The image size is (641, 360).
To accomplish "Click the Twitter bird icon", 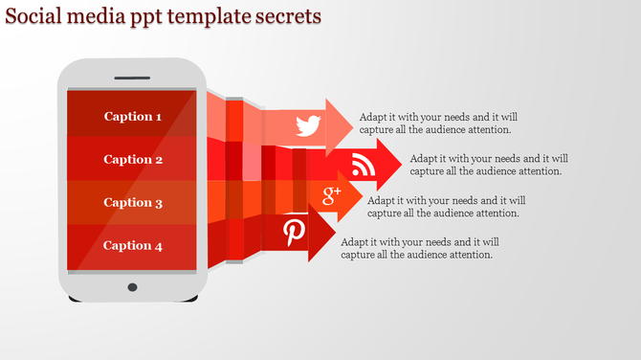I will (307, 124).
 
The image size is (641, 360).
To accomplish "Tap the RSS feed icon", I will (364, 166).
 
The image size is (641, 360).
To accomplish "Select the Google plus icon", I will (332, 196).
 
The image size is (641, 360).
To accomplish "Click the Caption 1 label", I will (133, 117).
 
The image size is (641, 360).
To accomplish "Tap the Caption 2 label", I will (133, 160).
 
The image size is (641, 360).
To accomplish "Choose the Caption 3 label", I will (133, 202).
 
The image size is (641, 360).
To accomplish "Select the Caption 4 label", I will (133, 245).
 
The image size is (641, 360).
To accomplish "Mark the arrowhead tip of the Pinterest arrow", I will (334, 234).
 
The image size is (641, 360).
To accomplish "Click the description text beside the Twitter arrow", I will (437, 124).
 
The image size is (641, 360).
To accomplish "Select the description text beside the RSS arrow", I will (489, 165).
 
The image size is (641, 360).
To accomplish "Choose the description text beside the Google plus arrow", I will (446, 207).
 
